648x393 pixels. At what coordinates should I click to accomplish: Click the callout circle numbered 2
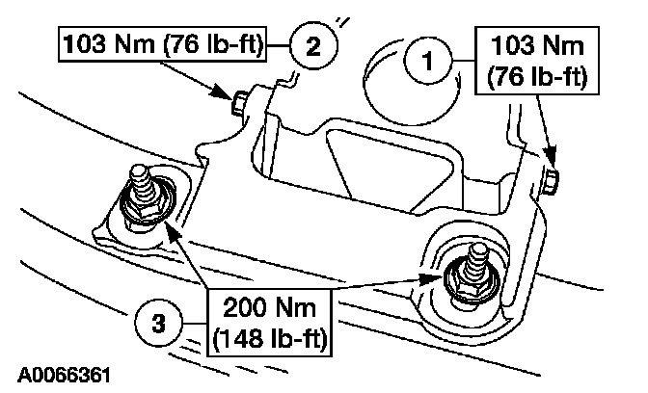(313, 43)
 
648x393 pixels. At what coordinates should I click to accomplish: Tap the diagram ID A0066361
(64, 372)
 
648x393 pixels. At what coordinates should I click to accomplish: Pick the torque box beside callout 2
(170, 43)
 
